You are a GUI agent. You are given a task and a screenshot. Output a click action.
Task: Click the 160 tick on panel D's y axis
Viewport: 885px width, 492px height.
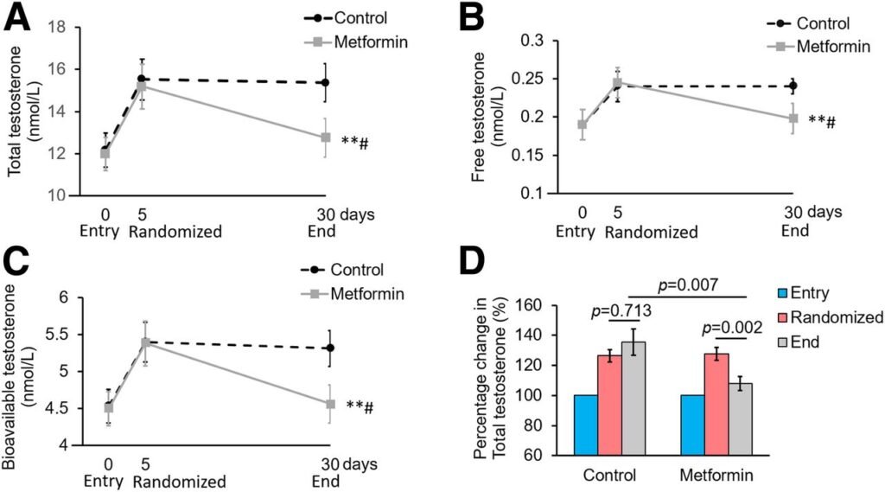(x=537, y=305)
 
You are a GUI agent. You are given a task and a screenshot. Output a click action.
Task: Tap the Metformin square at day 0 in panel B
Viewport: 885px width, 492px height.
(x=583, y=125)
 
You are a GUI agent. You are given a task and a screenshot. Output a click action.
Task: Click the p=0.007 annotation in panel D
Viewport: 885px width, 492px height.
(x=673, y=284)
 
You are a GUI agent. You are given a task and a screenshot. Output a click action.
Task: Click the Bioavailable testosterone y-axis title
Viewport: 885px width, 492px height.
(x=18, y=372)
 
